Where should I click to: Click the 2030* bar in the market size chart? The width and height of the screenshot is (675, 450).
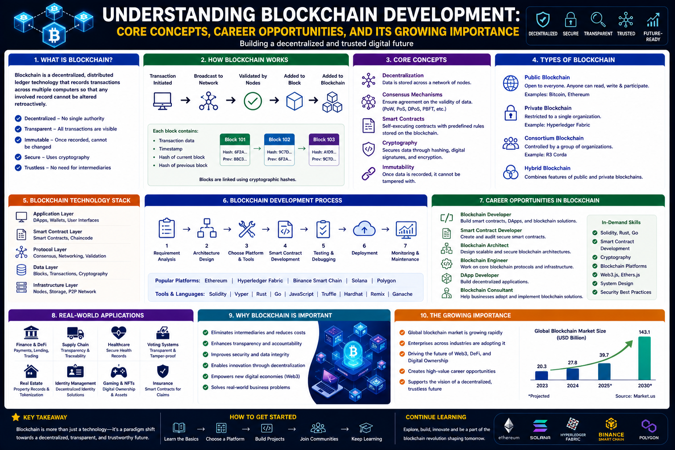pyautogui.click(x=644, y=358)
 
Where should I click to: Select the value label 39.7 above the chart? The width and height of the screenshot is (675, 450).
pyautogui.click(x=604, y=355)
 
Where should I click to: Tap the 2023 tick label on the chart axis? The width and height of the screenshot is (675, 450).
pyautogui.click(x=542, y=385)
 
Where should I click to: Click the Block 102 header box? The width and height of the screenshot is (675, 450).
pyautogui.click(x=279, y=140)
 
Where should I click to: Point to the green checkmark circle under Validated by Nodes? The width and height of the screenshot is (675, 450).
pyautogui.click(x=253, y=101)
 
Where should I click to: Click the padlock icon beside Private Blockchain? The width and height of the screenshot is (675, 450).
pyautogui.click(x=511, y=113)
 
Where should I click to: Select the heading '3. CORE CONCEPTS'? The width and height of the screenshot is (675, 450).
pyautogui.click(x=416, y=60)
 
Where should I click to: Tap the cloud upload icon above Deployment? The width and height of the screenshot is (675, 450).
pyautogui.click(x=364, y=229)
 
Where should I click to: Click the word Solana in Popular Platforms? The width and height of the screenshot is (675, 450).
pyautogui.click(x=359, y=281)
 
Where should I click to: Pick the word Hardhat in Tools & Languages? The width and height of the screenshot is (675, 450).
pyautogui.click(x=353, y=294)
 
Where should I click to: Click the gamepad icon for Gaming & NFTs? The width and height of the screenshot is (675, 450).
pyautogui.click(x=119, y=372)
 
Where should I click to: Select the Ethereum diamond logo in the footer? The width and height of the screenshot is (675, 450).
pyautogui.click(x=508, y=425)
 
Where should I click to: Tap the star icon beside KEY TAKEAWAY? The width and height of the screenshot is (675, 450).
pyautogui.click(x=16, y=417)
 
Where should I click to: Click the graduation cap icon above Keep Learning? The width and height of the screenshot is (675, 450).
pyautogui.click(x=366, y=428)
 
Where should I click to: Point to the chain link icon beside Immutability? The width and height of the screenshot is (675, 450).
pyautogui.click(x=368, y=174)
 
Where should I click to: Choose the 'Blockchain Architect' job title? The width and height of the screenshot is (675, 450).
pyautogui.click(x=484, y=245)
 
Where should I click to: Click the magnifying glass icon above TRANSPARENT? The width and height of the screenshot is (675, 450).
pyautogui.click(x=598, y=20)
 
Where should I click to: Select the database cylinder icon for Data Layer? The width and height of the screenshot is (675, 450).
pyautogui.click(x=21, y=270)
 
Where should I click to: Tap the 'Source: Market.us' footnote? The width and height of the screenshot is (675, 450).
pyautogui.click(x=635, y=396)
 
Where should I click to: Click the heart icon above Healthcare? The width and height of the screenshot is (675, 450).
pyautogui.click(x=118, y=333)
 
